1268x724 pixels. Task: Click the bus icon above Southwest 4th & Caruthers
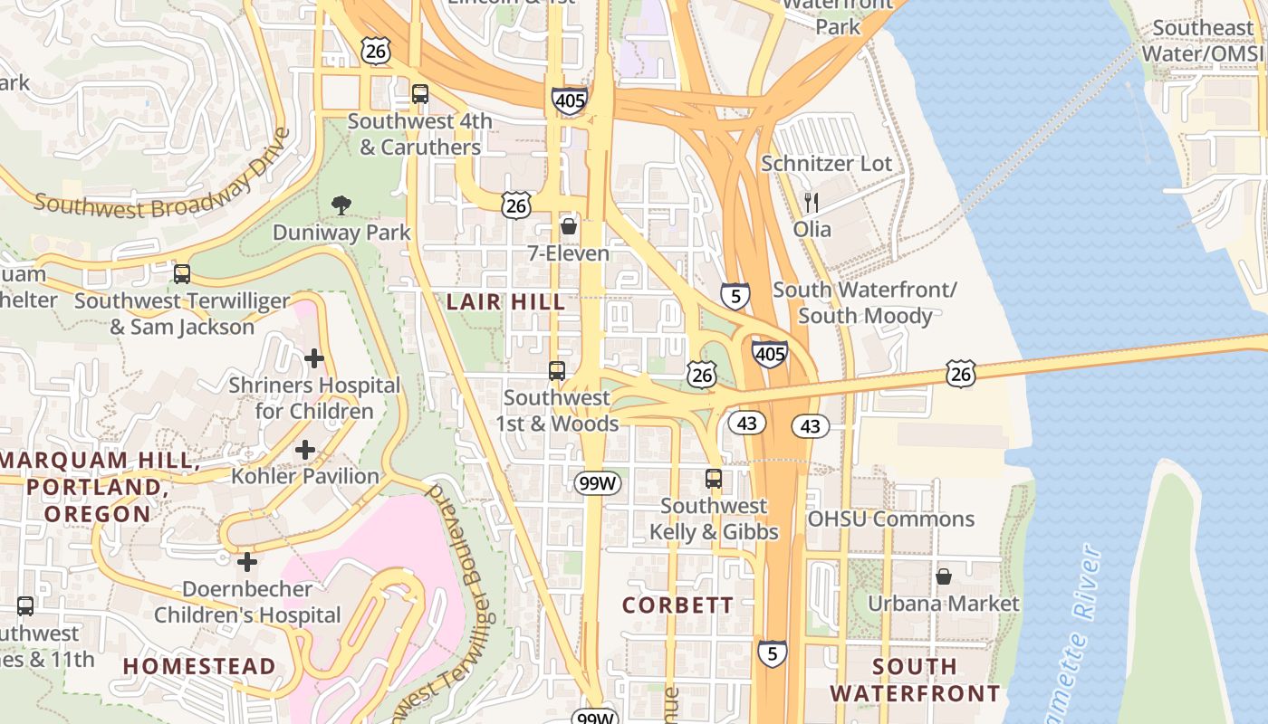[x=419, y=93]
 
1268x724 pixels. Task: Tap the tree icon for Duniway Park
[x=341, y=205]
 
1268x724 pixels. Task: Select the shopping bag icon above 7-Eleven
[x=569, y=225]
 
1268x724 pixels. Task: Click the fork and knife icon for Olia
[x=812, y=202]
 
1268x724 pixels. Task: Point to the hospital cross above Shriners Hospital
[x=314, y=358]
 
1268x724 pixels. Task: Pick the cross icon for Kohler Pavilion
[x=305, y=449]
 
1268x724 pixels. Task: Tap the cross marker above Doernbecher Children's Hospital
[x=247, y=562]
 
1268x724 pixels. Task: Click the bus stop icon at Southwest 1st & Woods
[x=557, y=370]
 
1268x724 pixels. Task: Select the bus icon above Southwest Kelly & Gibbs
[x=714, y=479]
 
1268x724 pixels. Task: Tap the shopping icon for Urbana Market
[x=943, y=576]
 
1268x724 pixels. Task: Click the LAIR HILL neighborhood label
[x=506, y=302]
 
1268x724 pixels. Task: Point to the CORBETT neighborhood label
[x=677, y=605]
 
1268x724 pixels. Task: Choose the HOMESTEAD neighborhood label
[x=199, y=667]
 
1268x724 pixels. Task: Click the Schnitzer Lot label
[x=826, y=164]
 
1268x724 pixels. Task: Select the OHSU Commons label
[x=890, y=519]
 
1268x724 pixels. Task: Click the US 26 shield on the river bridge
[x=961, y=373]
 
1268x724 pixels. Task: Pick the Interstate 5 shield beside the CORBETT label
[x=772, y=653]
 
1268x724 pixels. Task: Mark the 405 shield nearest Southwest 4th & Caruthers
[x=569, y=100]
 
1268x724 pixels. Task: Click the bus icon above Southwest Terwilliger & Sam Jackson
[x=182, y=273]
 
